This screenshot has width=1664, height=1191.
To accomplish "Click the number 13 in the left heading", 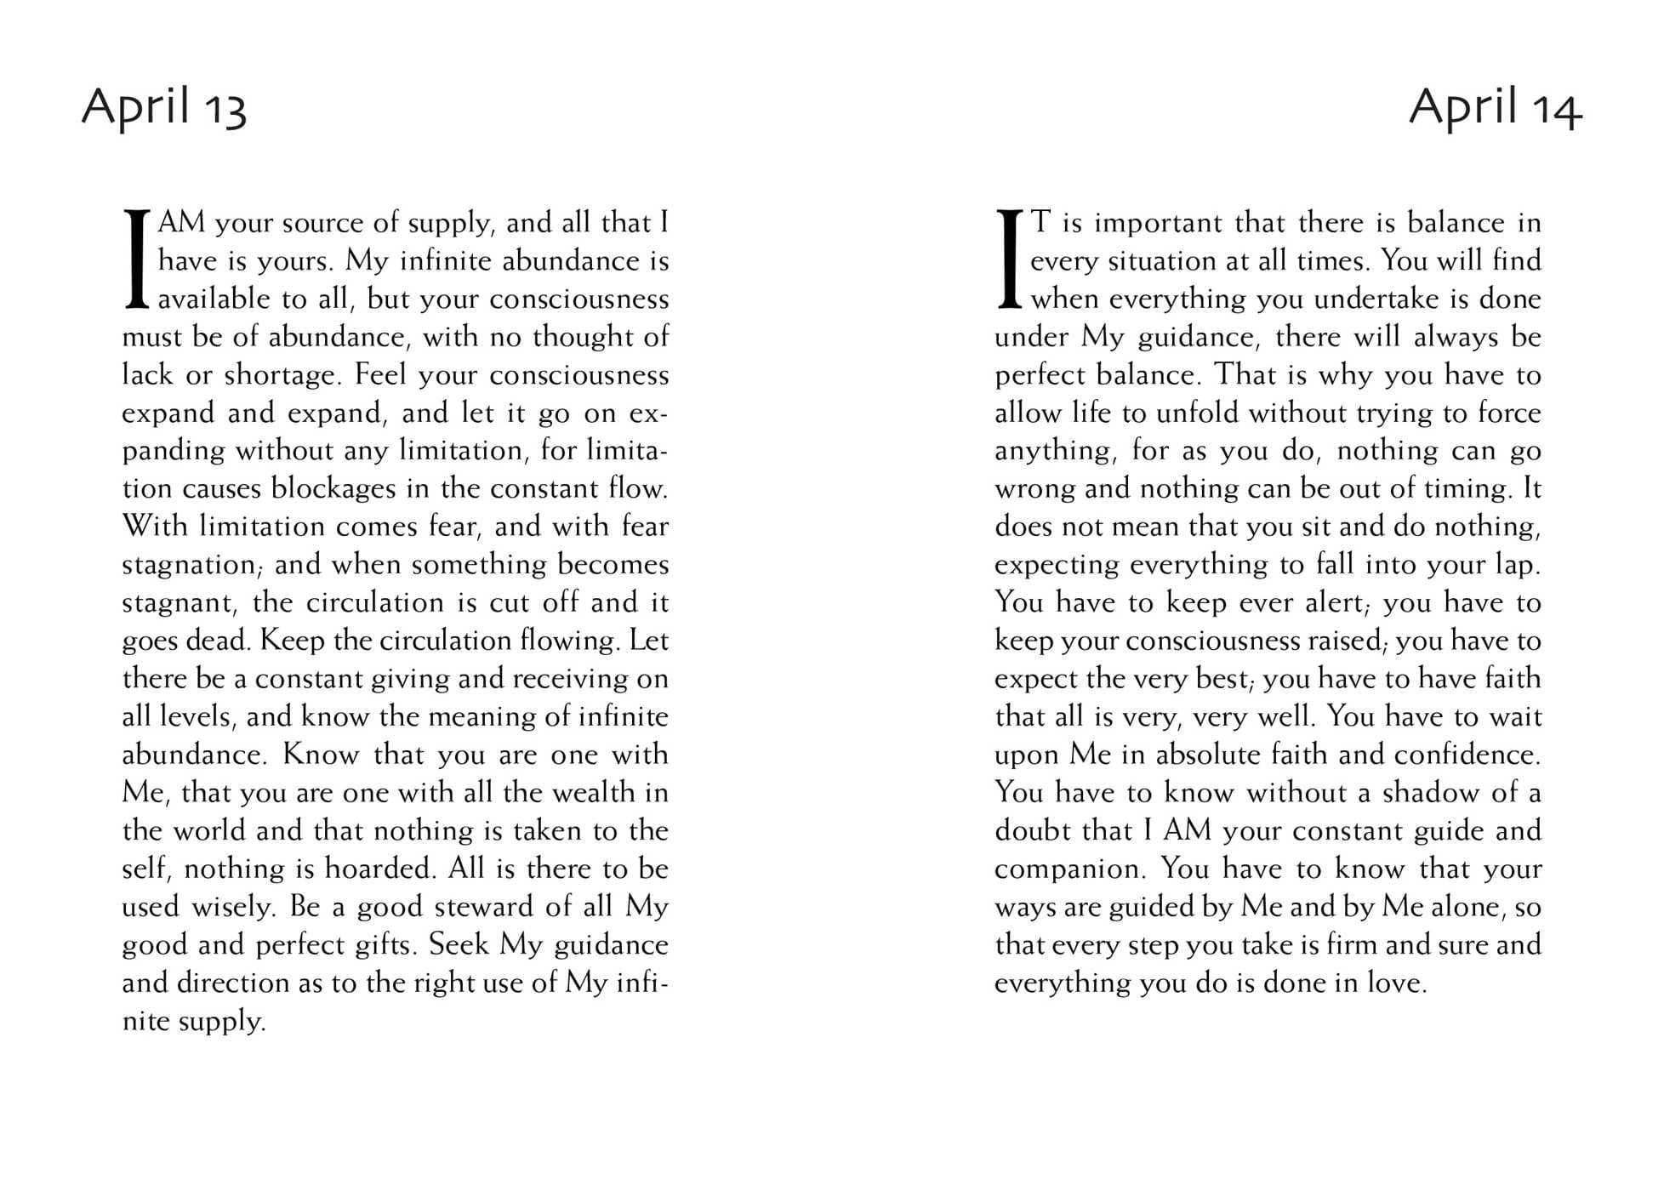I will point(224,111).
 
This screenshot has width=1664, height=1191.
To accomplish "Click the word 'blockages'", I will point(333,489).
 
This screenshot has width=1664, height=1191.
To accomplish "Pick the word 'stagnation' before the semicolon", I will point(188,565).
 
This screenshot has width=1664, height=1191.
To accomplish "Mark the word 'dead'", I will point(215,641).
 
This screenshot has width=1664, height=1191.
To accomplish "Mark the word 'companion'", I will point(1069,869).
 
